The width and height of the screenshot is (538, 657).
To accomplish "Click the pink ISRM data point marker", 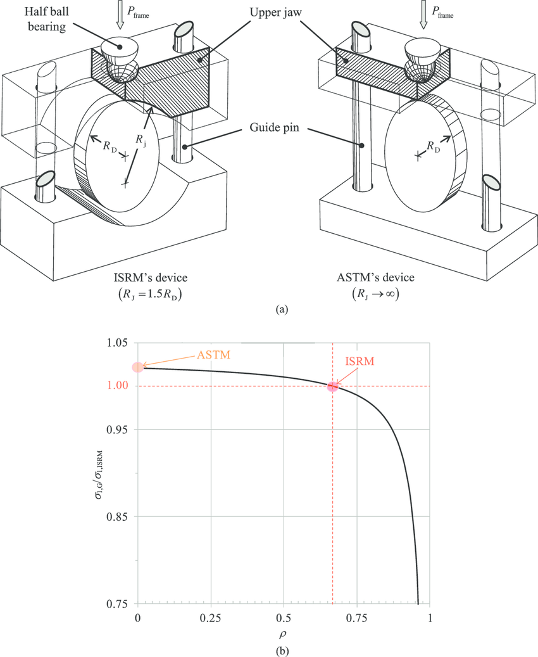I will (332, 386).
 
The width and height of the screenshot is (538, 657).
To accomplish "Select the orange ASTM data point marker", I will (138, 367).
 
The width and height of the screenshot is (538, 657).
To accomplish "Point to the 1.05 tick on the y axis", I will (117, 343).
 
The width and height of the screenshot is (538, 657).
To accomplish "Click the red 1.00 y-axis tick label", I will (117, 386).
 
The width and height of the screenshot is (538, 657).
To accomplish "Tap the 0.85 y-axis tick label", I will (117, 516).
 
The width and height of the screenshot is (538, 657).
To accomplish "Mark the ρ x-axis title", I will (284, 633).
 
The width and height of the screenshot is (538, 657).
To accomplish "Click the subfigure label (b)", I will (283, 650).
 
